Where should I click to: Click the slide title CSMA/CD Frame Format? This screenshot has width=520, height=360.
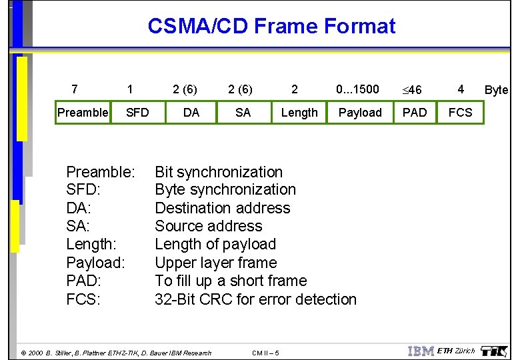coord(271,26)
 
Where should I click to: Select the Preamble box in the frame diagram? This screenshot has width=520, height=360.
coord(82,113)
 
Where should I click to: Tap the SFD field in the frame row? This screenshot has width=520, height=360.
coord(137,113)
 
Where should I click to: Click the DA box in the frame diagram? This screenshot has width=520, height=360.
coord(191,113)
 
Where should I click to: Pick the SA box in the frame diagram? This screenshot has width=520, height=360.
coord(243,113)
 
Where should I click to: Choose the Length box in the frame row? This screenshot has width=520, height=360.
coord(299,113)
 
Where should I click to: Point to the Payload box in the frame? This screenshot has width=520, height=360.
coord(360,113)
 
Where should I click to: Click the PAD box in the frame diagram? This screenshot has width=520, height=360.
coord(415,113)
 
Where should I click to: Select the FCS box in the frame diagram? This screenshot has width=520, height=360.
coord(460,113)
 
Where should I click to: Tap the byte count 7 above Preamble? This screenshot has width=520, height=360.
coord(74,89)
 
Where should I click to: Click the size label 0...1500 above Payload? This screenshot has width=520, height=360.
coord(357,89)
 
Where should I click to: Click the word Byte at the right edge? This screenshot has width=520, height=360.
coord(496,90)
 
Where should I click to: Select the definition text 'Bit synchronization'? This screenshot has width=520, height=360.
coord(219,172)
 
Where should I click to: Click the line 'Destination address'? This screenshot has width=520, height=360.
coord(223,208)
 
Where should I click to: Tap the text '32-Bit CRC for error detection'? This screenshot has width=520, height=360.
coord(255,299)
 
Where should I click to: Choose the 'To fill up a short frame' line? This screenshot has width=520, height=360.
coord(231,281)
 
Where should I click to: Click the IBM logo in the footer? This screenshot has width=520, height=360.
coord(420,351)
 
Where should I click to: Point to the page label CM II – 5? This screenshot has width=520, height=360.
coord(267,353)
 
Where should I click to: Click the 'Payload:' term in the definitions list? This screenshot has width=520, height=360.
coord(95,263)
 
